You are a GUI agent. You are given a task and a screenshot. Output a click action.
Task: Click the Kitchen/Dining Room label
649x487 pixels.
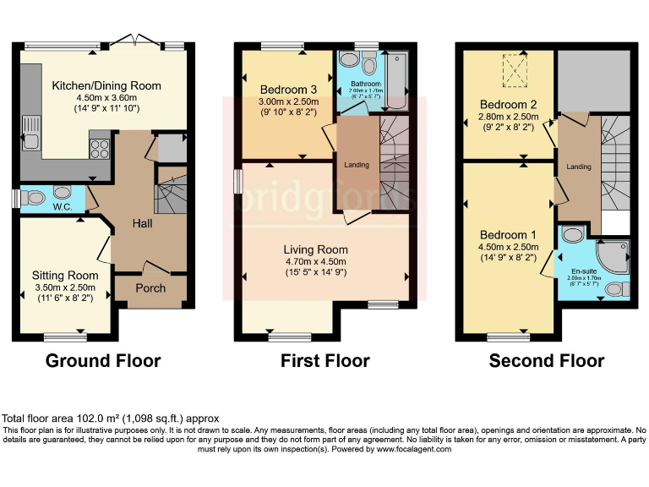point(106,86)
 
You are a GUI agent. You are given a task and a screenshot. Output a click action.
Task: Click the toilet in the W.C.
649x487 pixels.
point(33,197)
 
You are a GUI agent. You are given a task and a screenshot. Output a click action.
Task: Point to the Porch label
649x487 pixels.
point(151,288)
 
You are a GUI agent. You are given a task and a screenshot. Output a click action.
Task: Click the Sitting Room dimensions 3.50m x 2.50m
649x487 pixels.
point(65,287)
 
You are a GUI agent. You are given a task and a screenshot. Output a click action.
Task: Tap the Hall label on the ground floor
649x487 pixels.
point(142,223)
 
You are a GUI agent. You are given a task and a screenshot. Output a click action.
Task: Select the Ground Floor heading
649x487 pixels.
point(103,361)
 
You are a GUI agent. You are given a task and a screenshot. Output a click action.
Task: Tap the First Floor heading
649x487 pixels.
point(325,361)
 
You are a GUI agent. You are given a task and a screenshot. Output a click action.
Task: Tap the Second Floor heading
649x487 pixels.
point(547,361)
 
